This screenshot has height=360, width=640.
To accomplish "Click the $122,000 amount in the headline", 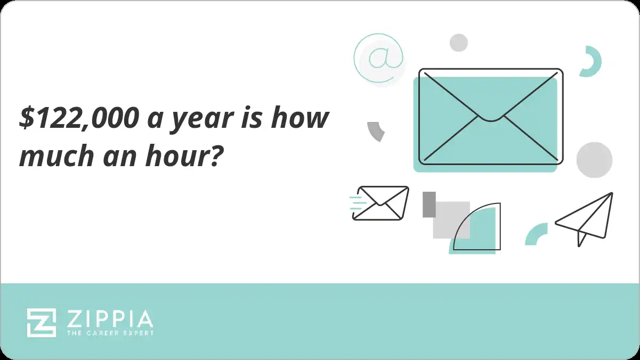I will pos(77,118).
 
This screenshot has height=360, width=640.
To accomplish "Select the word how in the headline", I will pos(299,118).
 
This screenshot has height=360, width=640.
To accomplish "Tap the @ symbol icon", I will pos(378,58).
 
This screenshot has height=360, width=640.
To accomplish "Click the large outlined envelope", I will pos(491,116).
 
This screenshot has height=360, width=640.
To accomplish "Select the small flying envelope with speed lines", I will pos(380,203).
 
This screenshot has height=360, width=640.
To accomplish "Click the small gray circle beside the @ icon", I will pos(458,43).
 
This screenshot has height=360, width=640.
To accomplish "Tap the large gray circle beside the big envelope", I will pos(594,160).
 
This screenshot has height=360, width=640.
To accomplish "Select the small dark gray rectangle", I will pos(429,204).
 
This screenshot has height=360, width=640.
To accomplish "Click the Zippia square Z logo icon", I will pos(42,322).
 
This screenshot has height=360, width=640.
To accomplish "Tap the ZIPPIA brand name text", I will pos(110,319).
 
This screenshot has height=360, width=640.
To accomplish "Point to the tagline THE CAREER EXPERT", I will pos(110,333).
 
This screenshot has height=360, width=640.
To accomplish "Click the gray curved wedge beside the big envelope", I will pos(376,130).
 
